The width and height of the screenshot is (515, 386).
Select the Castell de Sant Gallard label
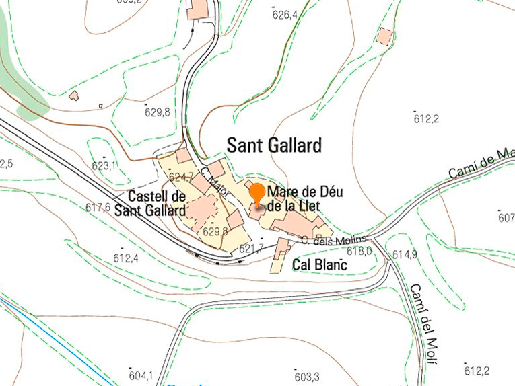(151, 204)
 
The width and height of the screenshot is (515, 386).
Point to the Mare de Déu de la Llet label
(294, 198)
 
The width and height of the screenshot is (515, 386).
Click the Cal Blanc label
(319, 266)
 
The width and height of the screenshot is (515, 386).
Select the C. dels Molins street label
(334, 240)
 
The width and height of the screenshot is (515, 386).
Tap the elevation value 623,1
(104, 165)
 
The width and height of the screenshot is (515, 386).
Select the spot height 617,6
(98, 208)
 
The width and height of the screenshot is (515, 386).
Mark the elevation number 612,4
(125, 258)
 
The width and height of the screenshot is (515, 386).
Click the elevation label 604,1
(141, 375)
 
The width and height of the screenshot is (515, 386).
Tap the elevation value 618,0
(359, 251)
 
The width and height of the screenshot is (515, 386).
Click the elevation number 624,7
(182, 177)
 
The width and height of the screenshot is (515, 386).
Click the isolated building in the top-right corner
(385, 36)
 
